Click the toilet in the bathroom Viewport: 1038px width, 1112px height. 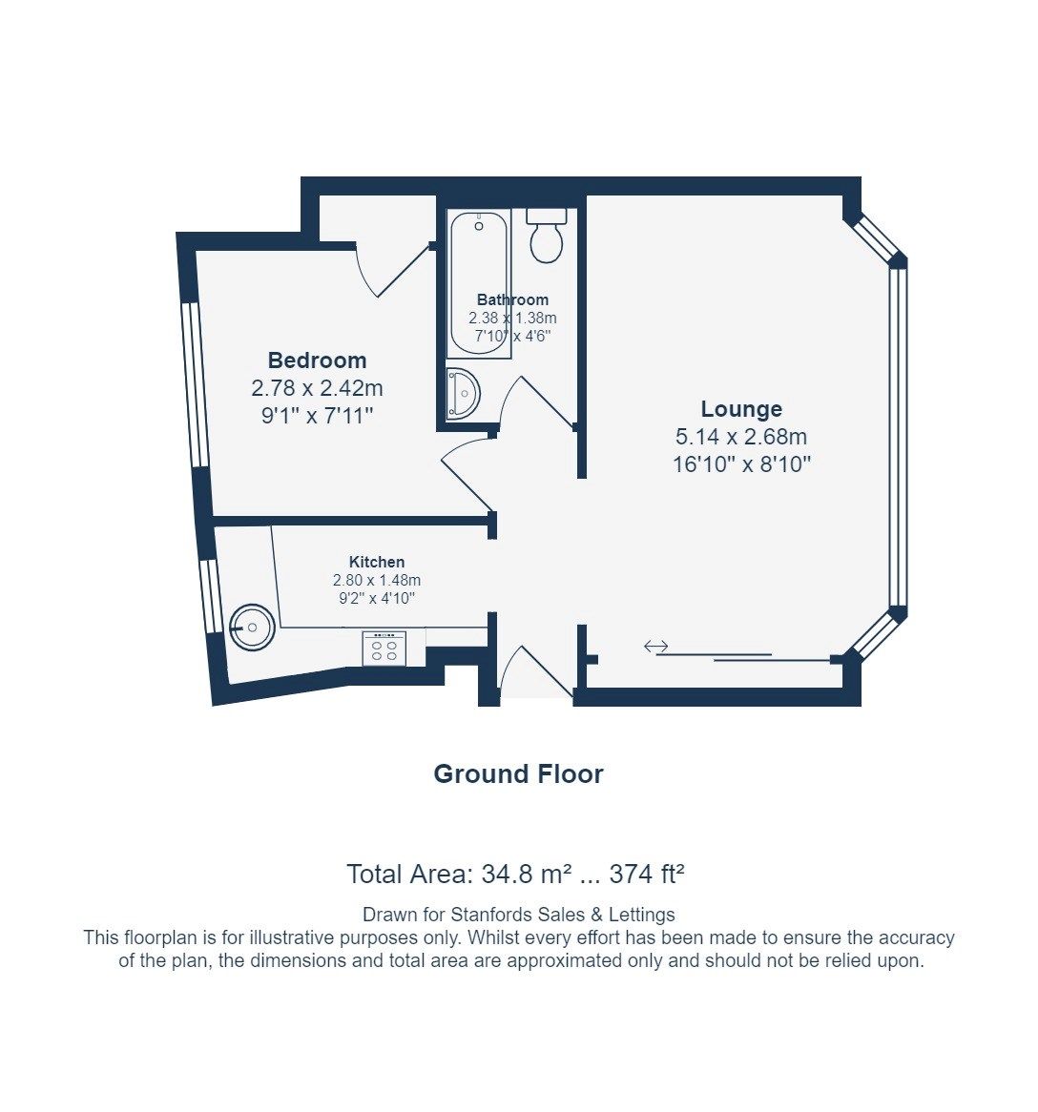[x=547, y=236]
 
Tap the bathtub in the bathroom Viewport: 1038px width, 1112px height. [x=479, y=284]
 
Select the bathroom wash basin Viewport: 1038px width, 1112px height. [x=462, y=393]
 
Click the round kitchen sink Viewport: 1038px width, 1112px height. [x=252, y=627]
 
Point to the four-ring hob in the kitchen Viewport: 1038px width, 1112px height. [x=384, y=649]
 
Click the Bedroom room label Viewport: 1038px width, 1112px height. [x=317, y=360]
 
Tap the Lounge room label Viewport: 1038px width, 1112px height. [x=741, y=409]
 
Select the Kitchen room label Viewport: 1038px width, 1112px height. [x=376, y=562]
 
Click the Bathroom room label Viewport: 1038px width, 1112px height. [x=512, y=299]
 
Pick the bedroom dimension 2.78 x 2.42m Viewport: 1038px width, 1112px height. [x=317, y=388]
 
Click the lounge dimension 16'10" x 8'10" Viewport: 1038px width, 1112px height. [x=741, y=465]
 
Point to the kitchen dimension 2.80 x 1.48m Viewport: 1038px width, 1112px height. [x=376, y=580]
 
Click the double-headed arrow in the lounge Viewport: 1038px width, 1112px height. [x=655, y=647]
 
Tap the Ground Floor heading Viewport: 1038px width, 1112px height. [x=518, y=773]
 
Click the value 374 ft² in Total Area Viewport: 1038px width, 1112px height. [x=648, y=874]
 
